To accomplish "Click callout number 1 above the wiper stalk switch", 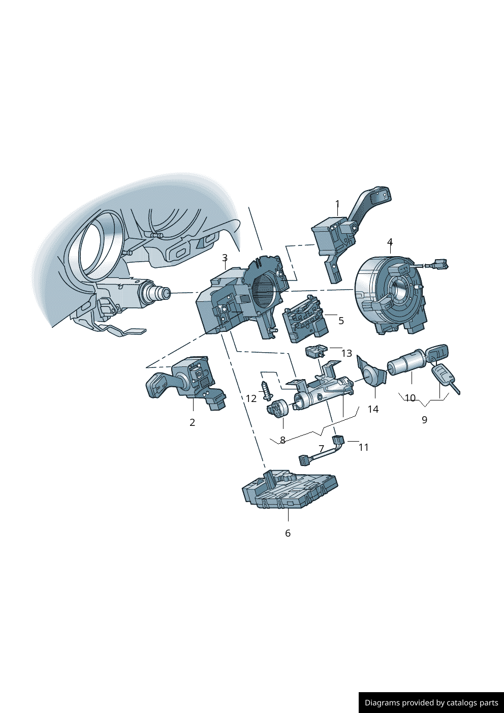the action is pyautogui.click(x=337, y=204).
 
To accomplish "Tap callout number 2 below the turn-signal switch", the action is pyautogui.click(x=192, y=422).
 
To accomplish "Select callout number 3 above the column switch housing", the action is pyautogui.click(x=225, y=258).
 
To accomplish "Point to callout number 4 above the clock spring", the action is pyautogui.click(x=390, y=242).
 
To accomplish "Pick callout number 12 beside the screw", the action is pyautogui.click(x=251, y=398).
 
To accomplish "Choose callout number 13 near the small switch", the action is pyautogui.click(x=347, y=353).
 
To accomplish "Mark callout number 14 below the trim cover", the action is pyautogui.click(x=373, y=409).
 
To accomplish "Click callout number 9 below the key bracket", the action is pyautogui.click(x=424, y=420).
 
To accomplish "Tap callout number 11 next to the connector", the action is pyautogui.click(x=363, y=447).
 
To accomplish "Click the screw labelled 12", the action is pyautogui.click(x=266, y=391).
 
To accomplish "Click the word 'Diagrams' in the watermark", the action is pyautogui.click(x=382, y=702).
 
